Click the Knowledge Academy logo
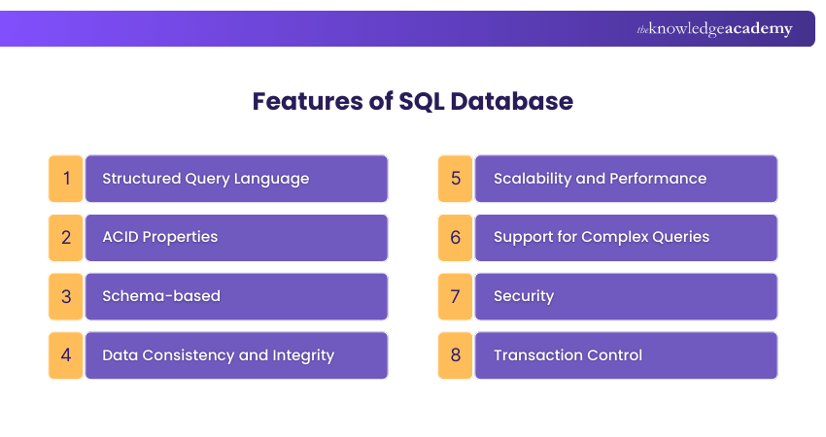(714, 29)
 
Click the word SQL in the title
(424, 101)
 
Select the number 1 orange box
(66, 179)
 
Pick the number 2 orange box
(66, 237)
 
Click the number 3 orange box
(66, 296)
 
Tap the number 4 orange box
(66, 355)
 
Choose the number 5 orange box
(455, 179)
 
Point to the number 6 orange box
(455, 237)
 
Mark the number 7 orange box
(455, 296)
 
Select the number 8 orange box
(455, 355)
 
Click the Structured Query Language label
(205, 179)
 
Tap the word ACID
(120, 237)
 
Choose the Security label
(523, 296)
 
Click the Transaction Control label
(568, 355)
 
